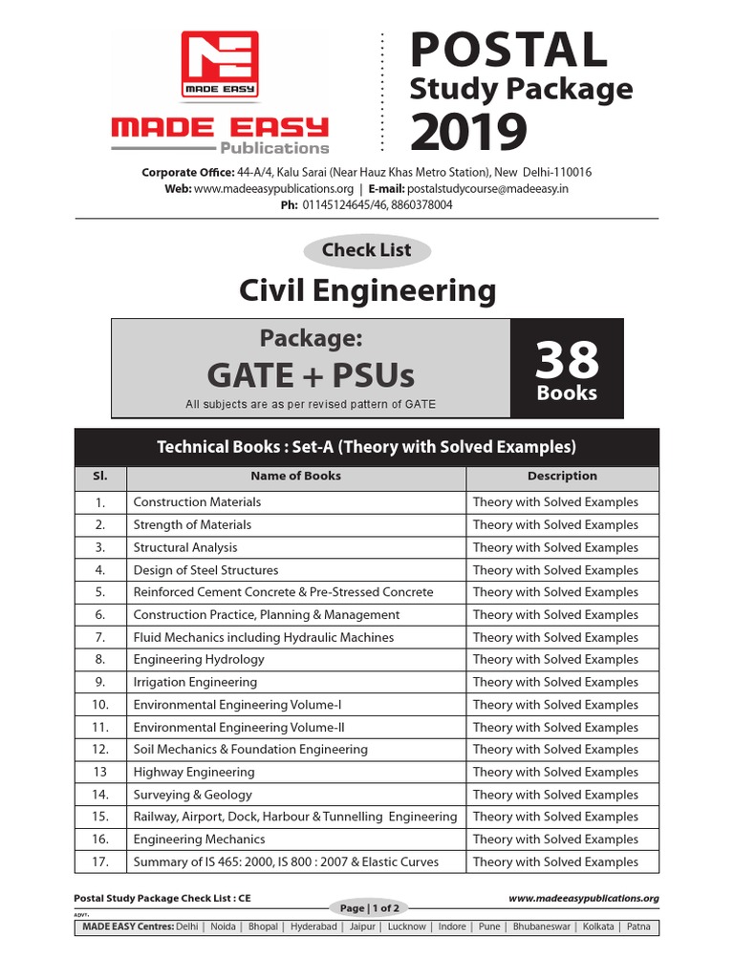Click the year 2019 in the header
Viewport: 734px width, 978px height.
coord(468,132)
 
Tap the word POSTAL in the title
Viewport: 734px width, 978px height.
coord(508,49)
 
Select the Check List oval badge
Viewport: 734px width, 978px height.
coord(367,250)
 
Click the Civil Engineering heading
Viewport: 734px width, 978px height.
coord(367,289)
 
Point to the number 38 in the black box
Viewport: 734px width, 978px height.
coord(567,360)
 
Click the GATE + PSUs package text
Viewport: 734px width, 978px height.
coord(311,375)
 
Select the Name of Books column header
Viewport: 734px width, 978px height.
coord(295,476)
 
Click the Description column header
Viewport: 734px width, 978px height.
coord(562,476)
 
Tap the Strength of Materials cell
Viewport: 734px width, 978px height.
coord(192,524)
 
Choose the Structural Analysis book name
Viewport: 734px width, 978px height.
coord(185,547)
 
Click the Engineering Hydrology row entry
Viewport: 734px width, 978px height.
coord(199,659)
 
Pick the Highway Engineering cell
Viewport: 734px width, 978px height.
coord(194,772)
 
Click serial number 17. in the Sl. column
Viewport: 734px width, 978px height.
coord(99,861)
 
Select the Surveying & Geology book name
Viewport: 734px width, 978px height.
coord(192,795)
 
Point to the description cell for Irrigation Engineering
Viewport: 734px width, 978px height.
coord(555,682)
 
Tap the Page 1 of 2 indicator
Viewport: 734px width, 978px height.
coord(367,908)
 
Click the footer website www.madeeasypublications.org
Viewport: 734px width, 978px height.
coord(583,898)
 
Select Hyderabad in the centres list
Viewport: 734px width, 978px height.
coord(313,926)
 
